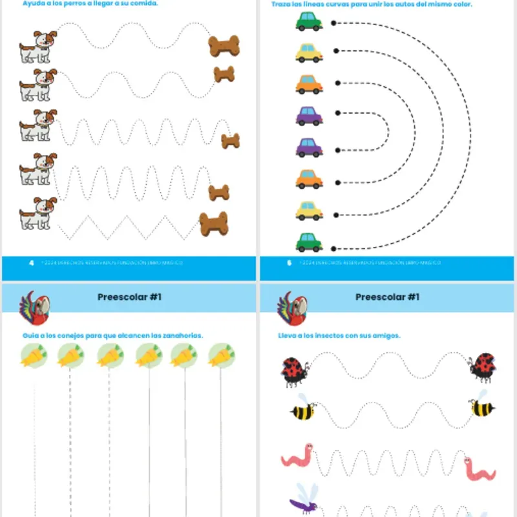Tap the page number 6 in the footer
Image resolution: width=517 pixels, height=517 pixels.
click(x=289, y=263)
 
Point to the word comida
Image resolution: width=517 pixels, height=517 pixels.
click(x=144, y=3)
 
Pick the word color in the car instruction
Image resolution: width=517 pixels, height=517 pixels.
click(x=461, y=4)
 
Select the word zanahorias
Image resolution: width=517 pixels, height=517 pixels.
click(x=182, y=335)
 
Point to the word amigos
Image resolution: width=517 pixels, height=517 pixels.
click(x=385, y=335)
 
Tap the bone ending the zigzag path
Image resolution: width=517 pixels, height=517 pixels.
click(x=213, y=223)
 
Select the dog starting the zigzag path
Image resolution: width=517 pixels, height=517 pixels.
click(x=37, y=213)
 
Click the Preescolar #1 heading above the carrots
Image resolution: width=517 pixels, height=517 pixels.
click(x=129, y=297)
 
